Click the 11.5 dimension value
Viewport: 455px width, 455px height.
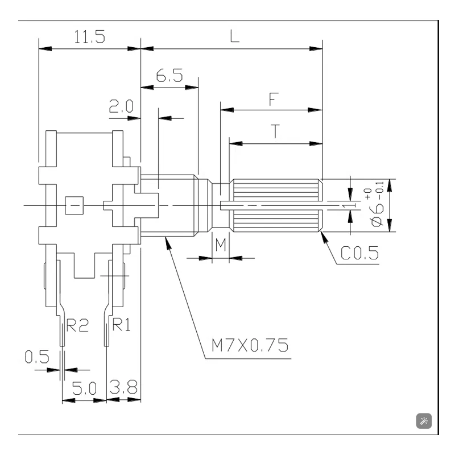(90, 37)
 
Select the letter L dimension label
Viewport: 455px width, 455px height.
(235, 36)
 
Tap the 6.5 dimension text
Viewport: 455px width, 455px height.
(169, 76)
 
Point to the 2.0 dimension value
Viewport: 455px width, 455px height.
(121, 106)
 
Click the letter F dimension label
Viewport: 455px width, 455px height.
(274, 99)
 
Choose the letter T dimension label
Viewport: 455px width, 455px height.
(275, 131)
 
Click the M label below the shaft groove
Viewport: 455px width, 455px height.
(221, 245)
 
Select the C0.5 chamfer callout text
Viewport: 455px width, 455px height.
(359, 253)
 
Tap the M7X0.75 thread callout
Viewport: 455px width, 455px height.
(250, 345)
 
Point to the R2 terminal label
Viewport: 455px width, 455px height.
(77, 325)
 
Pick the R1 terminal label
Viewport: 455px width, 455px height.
(121, 324)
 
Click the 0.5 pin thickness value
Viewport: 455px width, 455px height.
(37, 357)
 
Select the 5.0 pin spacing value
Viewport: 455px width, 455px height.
(84, 388)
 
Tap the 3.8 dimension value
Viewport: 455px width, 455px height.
(123, 387)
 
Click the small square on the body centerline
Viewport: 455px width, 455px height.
(75, 205)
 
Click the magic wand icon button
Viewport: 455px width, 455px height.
(424, 421)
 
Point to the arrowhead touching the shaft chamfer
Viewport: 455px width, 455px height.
(324, 237)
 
